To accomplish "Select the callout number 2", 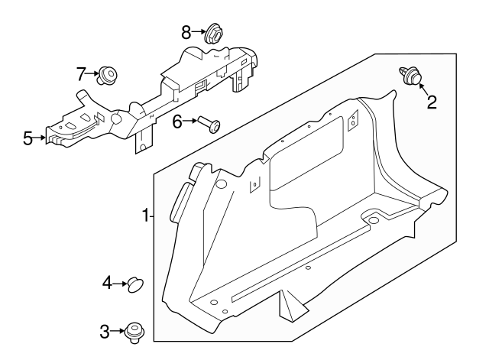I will tap(432, 101).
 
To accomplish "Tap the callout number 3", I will tap(105, 331).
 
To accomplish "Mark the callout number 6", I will tap(176, 121).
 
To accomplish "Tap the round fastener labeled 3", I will tap(136, 329).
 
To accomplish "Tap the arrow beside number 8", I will tap(197, 32).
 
